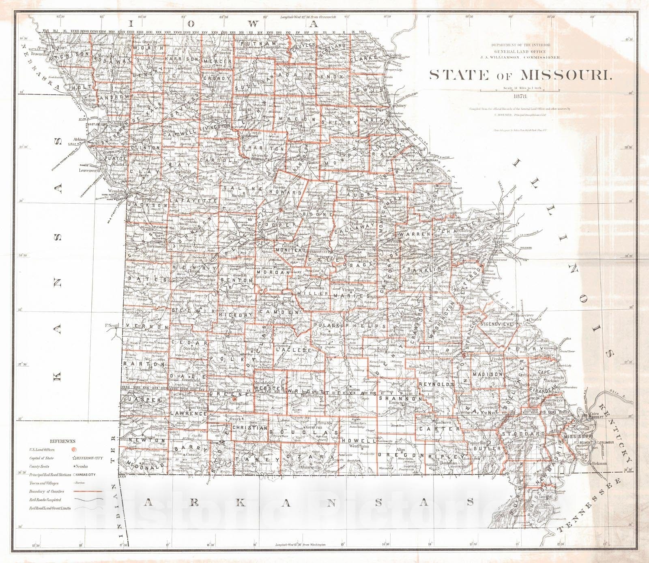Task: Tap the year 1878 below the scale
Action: point(520,97)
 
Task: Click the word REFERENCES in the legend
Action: point(62,441)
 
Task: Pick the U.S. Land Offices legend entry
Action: point(42,450)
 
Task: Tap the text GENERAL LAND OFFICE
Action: point(520,51)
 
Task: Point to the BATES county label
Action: point(147,279)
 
